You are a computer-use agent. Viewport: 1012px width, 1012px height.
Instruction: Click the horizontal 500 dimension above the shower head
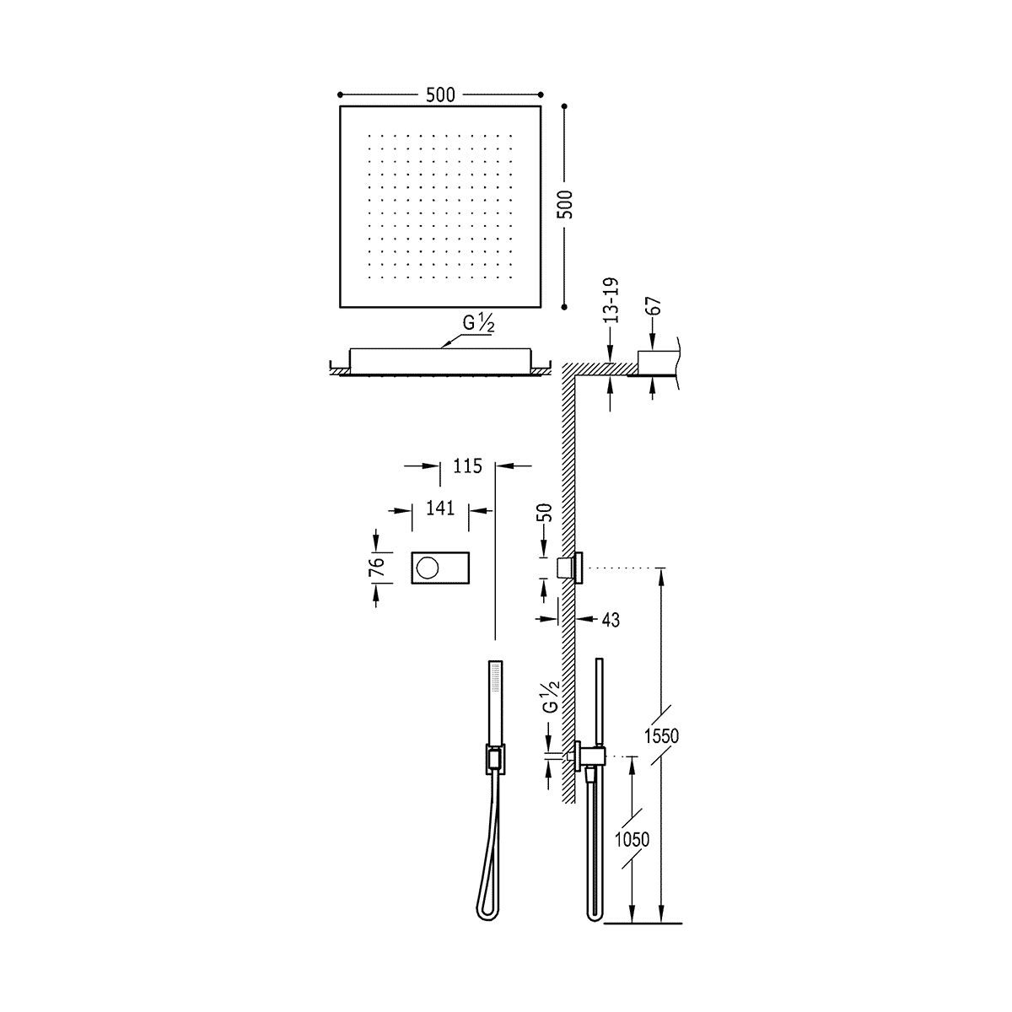coord(440,95)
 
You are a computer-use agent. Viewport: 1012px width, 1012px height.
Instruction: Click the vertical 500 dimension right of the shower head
coord(568,205)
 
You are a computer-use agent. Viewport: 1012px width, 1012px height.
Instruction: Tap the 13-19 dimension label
coord(611,300)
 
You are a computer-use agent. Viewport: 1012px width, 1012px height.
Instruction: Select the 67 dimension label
coord(656,306)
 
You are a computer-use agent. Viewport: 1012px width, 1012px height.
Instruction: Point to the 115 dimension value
coord(467,466)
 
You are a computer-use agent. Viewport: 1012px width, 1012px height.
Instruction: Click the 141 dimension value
coord(439,509)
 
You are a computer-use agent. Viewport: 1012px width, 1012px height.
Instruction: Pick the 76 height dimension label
coord(379,568)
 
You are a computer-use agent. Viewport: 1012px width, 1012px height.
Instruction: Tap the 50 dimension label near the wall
coord(546,513)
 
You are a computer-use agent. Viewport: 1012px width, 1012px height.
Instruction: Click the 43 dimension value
coord(611,620)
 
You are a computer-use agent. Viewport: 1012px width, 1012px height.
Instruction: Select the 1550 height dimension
coord(662,736)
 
